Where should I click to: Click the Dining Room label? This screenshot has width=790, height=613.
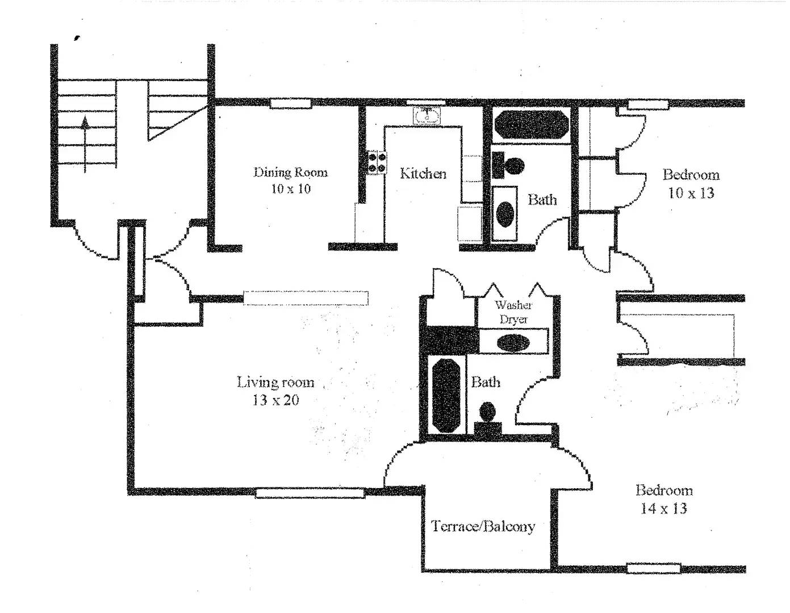coord(290,180)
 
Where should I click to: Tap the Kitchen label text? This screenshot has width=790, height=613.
coord(423,174)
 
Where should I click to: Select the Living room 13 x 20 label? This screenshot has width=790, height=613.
coord(275,391)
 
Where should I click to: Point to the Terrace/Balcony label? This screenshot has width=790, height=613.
coord(483,526)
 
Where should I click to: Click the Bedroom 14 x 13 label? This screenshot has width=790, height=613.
coord(663,499)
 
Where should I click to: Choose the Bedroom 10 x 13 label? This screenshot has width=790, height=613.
coord(691,183)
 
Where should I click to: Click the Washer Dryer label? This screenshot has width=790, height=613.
coord(513,312)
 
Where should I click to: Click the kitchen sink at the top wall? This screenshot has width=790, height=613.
coord(427,116)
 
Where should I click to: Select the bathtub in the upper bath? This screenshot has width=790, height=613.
coord(530,124)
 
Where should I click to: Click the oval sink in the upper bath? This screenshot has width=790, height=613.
coord(505,213)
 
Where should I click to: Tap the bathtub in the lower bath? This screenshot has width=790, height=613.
coord(446,394)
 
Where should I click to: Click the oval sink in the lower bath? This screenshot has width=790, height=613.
coord(513,342)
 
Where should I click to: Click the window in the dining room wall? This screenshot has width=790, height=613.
coord(290,103)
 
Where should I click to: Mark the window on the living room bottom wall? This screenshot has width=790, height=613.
coord(310,493)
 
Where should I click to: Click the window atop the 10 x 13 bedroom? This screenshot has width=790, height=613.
coord(646,104)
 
